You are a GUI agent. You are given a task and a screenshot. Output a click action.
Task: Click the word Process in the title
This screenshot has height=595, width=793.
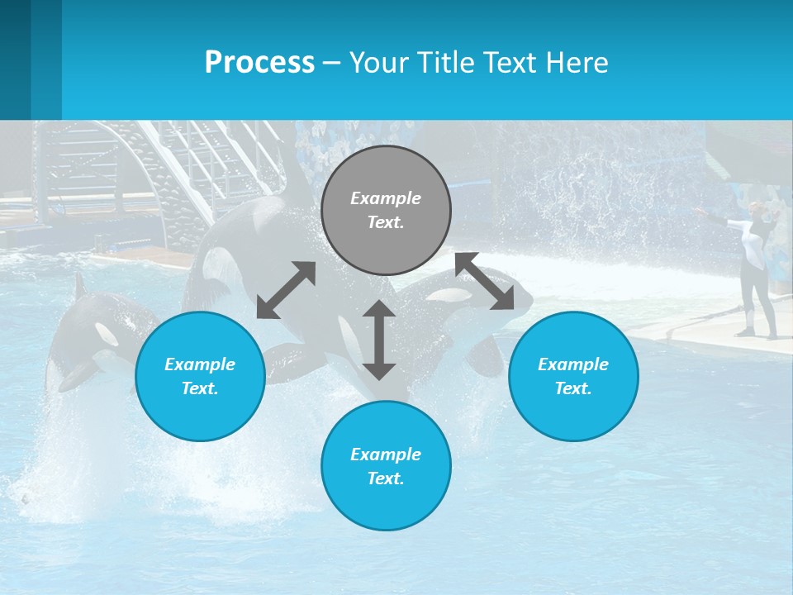[259, 63]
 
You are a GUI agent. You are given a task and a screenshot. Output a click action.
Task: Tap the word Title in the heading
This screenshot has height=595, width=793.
[451, 63]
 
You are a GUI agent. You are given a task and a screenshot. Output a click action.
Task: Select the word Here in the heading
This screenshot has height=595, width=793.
[577, 63]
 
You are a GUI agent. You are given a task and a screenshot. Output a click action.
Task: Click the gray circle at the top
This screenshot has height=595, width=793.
[386, 210]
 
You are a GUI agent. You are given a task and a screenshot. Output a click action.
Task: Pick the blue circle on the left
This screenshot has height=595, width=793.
[200, 376]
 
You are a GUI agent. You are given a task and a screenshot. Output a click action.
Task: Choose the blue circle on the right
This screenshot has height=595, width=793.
[573, 376]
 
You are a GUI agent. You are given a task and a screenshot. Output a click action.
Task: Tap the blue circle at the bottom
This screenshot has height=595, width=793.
[386, 466]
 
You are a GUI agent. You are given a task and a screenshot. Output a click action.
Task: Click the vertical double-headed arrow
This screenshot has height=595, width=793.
[379, 340]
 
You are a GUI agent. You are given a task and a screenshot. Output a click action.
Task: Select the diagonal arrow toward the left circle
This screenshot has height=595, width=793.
[286, 290]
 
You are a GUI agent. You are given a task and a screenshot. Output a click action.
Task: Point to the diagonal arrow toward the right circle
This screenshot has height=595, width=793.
[484, 281]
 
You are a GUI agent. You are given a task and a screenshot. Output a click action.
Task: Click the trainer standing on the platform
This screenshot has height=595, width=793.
[756, 273]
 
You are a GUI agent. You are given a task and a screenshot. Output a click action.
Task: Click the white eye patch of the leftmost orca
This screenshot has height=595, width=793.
[107, 334]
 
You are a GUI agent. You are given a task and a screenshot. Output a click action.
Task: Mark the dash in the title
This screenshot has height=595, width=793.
[331, 63]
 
